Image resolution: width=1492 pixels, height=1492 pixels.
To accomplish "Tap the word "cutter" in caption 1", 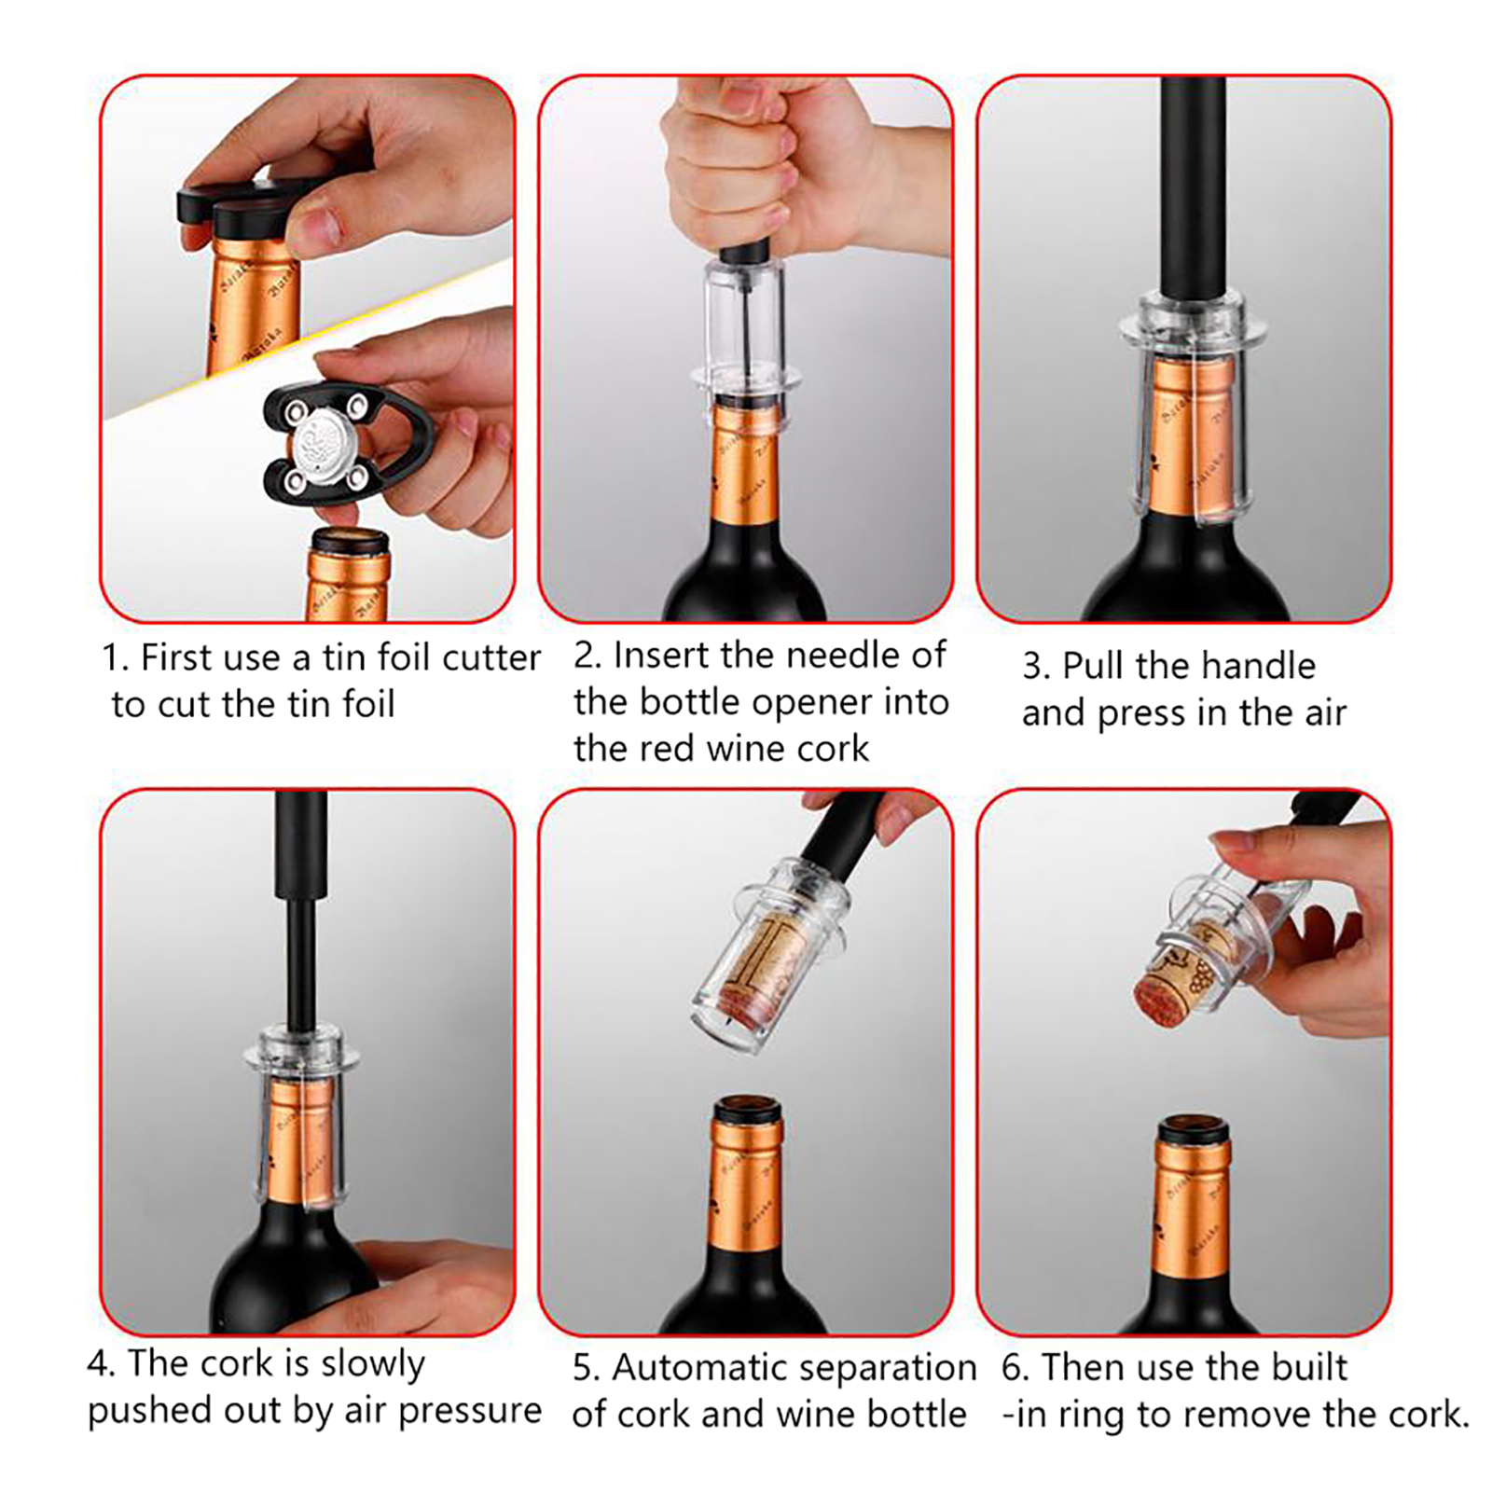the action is coord(491,658).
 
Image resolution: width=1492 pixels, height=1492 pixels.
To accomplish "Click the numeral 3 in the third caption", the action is coord(1031,667).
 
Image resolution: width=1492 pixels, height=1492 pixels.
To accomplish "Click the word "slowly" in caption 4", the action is coord(372,1364).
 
